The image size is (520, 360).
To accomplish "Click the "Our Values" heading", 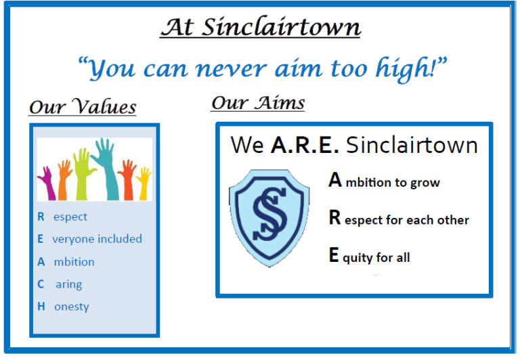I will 83,108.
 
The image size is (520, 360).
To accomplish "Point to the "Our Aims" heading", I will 258,103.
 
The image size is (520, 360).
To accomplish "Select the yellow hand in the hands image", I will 143,181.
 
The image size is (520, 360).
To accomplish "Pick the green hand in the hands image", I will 82,173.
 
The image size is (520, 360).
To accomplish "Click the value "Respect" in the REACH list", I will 62,217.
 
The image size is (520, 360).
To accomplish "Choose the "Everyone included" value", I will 89,239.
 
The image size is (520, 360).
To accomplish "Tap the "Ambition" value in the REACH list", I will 66,262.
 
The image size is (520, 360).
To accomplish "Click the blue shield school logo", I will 269,216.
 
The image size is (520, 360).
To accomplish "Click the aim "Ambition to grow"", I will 384,181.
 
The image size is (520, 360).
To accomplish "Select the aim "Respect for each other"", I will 398,219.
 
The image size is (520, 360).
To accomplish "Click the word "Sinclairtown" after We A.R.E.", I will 412,145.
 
